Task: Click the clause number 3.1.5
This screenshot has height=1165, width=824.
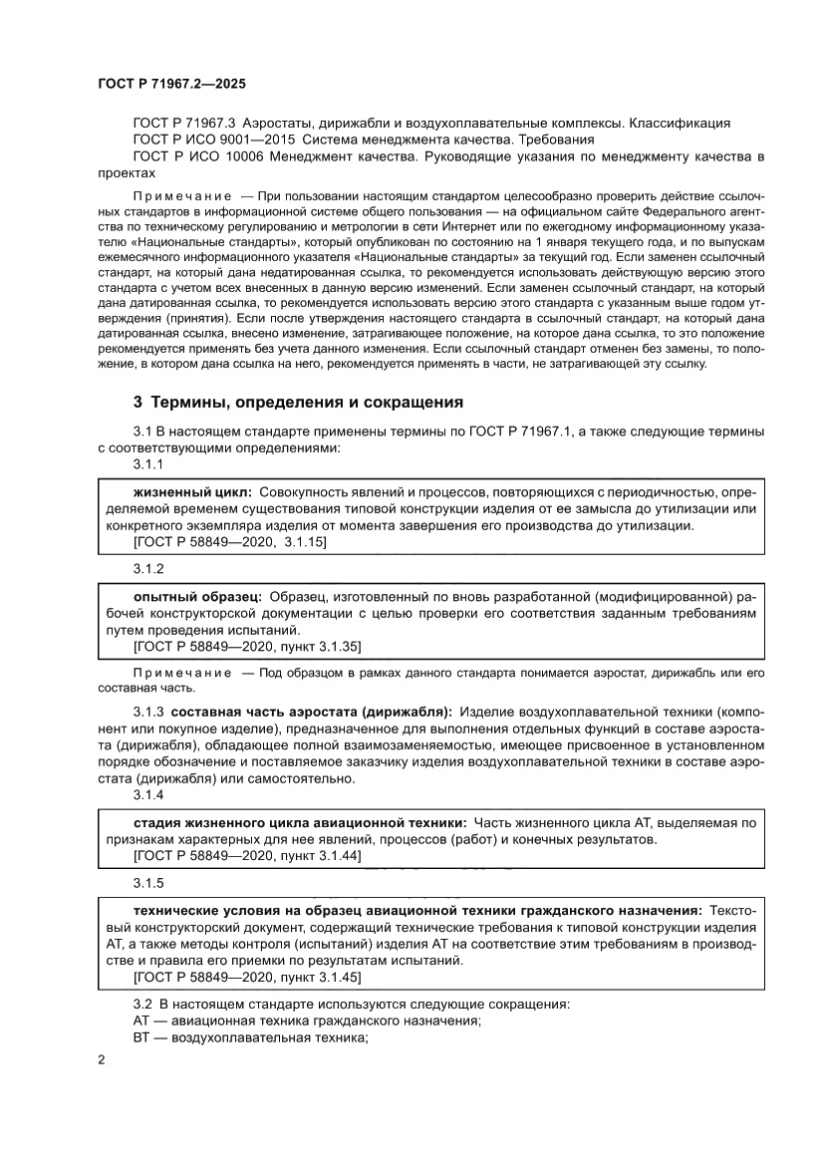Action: tap(148, 883)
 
